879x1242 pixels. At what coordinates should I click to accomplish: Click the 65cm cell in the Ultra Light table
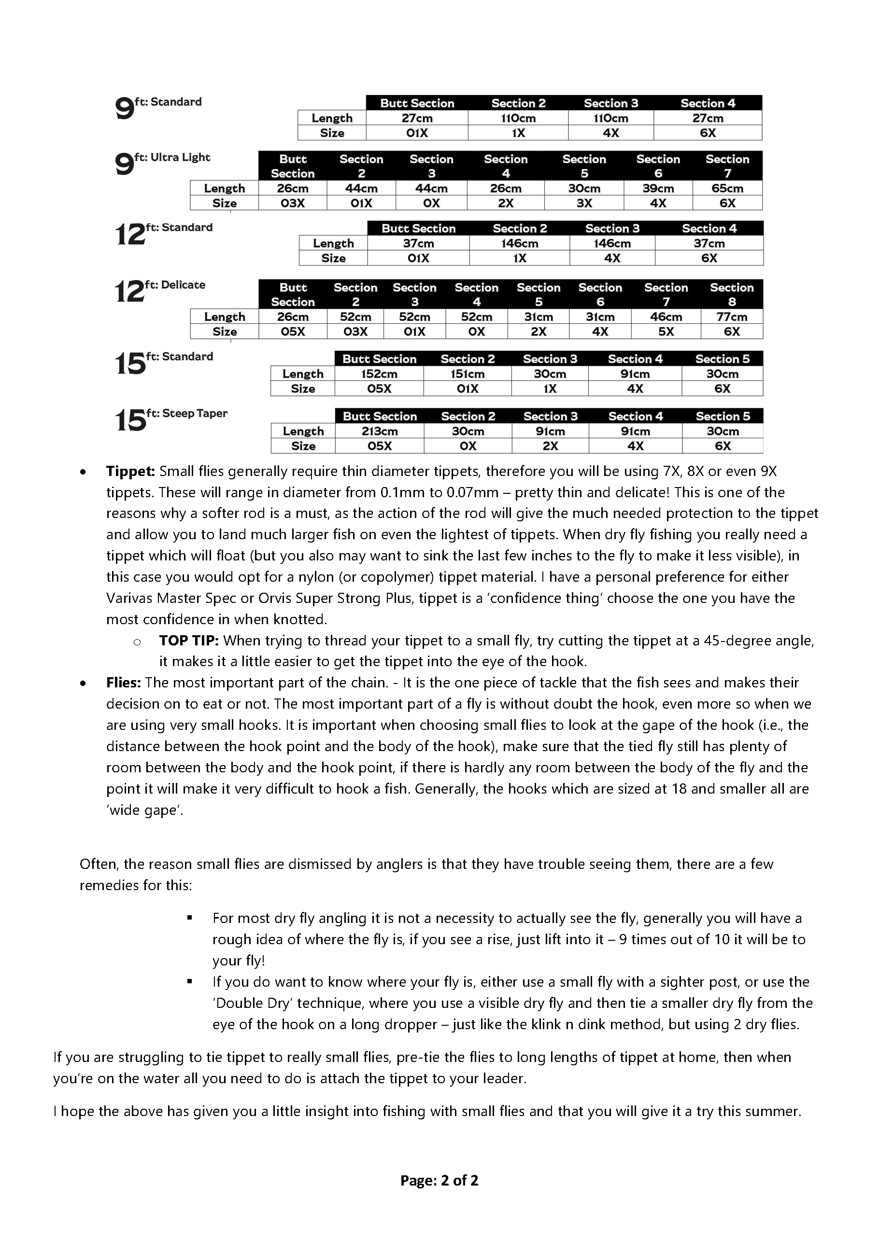pos(727,188)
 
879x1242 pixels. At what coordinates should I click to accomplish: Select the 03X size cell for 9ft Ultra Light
pos(292,203)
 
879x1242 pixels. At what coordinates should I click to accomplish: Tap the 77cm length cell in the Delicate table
pos(731,317)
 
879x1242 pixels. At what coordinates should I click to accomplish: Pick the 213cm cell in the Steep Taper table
pos(380,431)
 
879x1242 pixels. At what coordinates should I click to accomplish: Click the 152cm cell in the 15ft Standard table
pos(379,374)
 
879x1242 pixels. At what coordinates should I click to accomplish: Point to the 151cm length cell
pos(467,374)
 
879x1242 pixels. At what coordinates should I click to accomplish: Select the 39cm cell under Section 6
pos(658,188)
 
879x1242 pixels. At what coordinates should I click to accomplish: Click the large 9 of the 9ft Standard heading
pos(124,109)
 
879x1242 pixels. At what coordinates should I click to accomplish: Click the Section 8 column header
pos(731,294)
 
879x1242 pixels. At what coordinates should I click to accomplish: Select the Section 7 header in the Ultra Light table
pos(727,166)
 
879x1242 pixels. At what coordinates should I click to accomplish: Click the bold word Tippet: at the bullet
pos(130,471)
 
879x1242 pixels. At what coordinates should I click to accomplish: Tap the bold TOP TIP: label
pos(188,641)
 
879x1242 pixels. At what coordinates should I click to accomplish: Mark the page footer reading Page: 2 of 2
pos(439,1180)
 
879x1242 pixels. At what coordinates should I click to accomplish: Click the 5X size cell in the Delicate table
pos(666,331)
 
